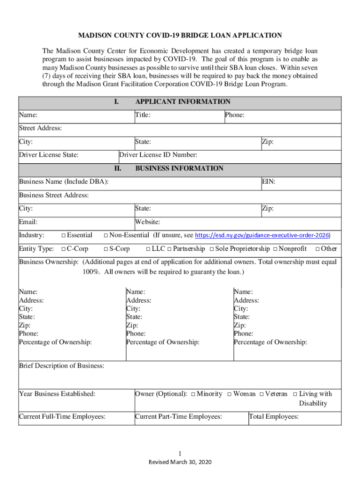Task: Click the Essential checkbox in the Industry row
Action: tap(63, 235)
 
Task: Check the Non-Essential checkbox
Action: tap(106, 235)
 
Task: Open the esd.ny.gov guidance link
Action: tap(261, 235)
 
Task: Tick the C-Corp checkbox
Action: tap(63, 249)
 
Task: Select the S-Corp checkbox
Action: tap(106, 249)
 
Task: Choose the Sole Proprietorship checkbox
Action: tap(212, 249)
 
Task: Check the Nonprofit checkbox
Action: tap(275, 249)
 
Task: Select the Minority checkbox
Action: tap(193, 394)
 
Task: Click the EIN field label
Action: tap(268, 181)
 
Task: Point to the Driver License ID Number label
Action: tap(158, 155)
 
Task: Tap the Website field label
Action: tap(148, 222)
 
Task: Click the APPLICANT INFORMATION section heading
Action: tap(182, 102)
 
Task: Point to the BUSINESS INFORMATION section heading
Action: tap(179, 168)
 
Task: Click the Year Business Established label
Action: tap(57, 394)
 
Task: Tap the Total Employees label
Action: tap(274, 416)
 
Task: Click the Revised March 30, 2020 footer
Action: tap(180, 462)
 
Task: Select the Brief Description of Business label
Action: tap(61, 365)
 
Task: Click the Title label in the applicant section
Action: tap(143, 115)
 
